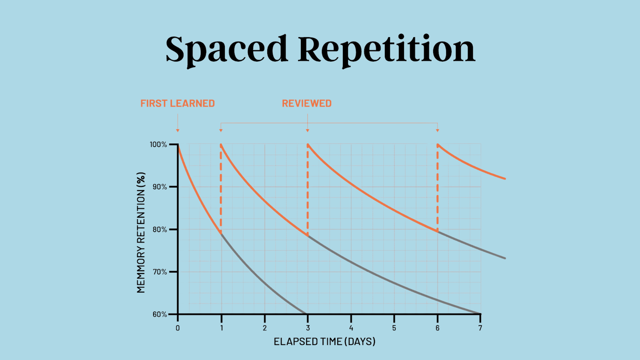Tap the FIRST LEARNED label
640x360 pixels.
click(x=178, y=103)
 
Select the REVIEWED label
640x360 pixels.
click(x=307, y=103)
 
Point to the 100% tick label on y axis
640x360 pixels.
click(x=158, y=144)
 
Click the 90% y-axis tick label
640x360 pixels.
click(x=160, y=187)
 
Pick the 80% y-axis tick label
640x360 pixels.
click(x=160, y=230)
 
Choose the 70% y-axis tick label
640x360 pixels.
click(x=160, y=272)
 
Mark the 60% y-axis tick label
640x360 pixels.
click(x=160, y=314)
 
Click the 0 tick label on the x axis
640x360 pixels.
click(x=178, y=328)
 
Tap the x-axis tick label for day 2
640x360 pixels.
click(x=265, y=328)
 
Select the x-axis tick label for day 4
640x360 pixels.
click(x=351, y=328)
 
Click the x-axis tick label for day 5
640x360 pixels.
click(x=394, y=328)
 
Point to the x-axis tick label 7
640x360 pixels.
click(x=480, y=328)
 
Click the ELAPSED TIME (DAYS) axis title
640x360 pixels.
click(x=324, y=342)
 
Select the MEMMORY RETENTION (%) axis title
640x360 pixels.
click(x=141, y=232)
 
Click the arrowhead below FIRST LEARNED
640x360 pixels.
click(x=178, y=130)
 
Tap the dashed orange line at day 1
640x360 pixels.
click(x=221, y=188)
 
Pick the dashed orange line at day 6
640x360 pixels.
click(x=438, y=188)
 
